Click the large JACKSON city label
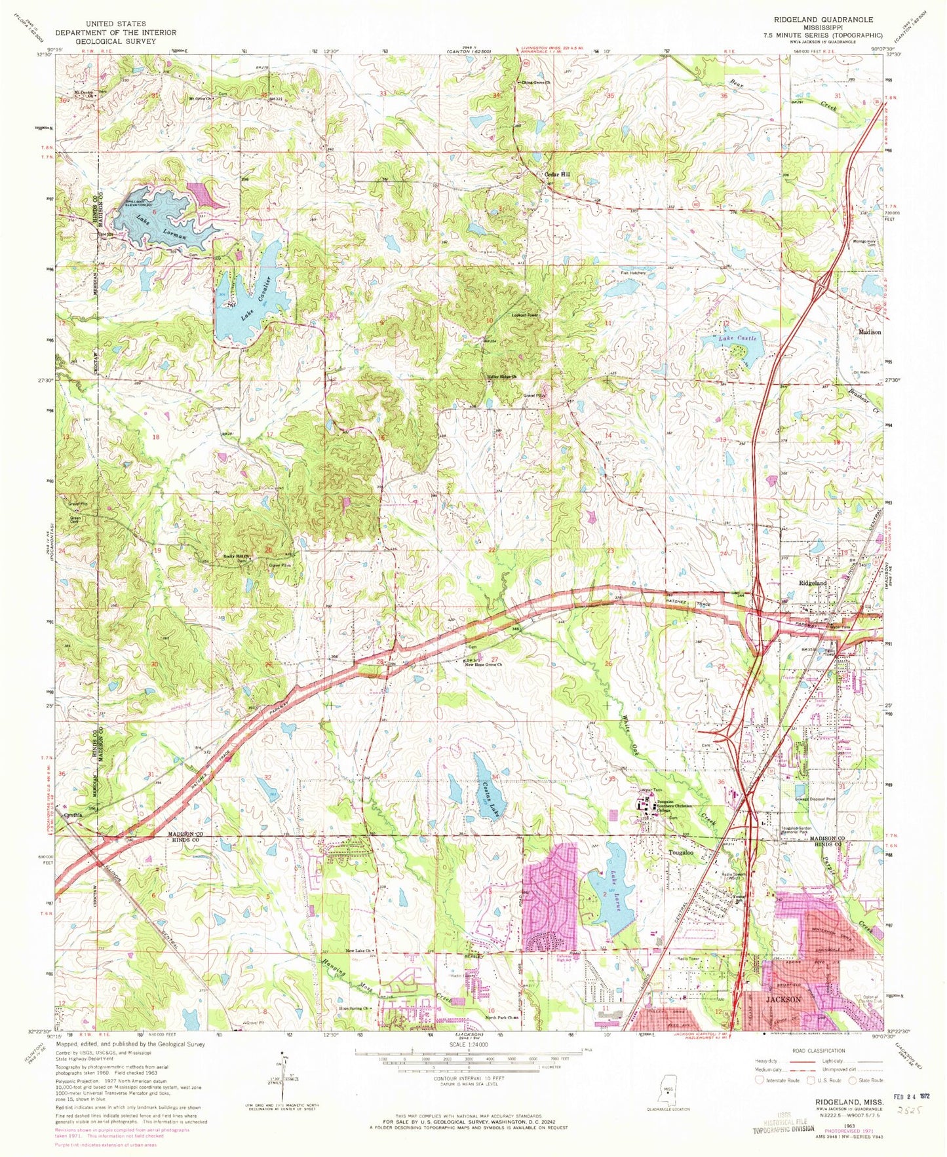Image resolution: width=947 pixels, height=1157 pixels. [x=783, y=1000]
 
